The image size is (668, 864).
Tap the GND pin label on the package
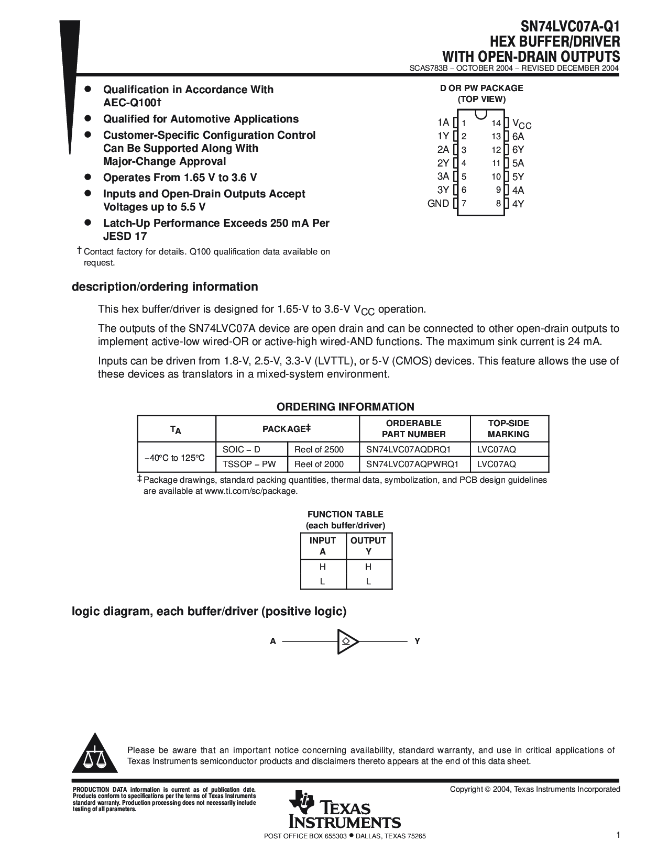438,204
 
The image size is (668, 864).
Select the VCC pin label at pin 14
521,124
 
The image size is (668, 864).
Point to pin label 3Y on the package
443,190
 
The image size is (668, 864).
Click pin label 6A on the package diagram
518,136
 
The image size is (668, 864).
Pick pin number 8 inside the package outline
498,204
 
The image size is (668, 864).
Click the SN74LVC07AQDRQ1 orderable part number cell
408,449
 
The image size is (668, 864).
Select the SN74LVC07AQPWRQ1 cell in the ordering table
412,464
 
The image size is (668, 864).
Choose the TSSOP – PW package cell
249,464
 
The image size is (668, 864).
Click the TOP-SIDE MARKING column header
508,428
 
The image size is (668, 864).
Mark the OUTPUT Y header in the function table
368,546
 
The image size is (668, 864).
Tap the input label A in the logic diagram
273,641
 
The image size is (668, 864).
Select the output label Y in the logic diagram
418,641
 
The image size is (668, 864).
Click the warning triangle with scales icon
95,754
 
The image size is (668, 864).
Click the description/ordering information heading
165,287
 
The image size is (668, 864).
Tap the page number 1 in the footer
618,835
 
